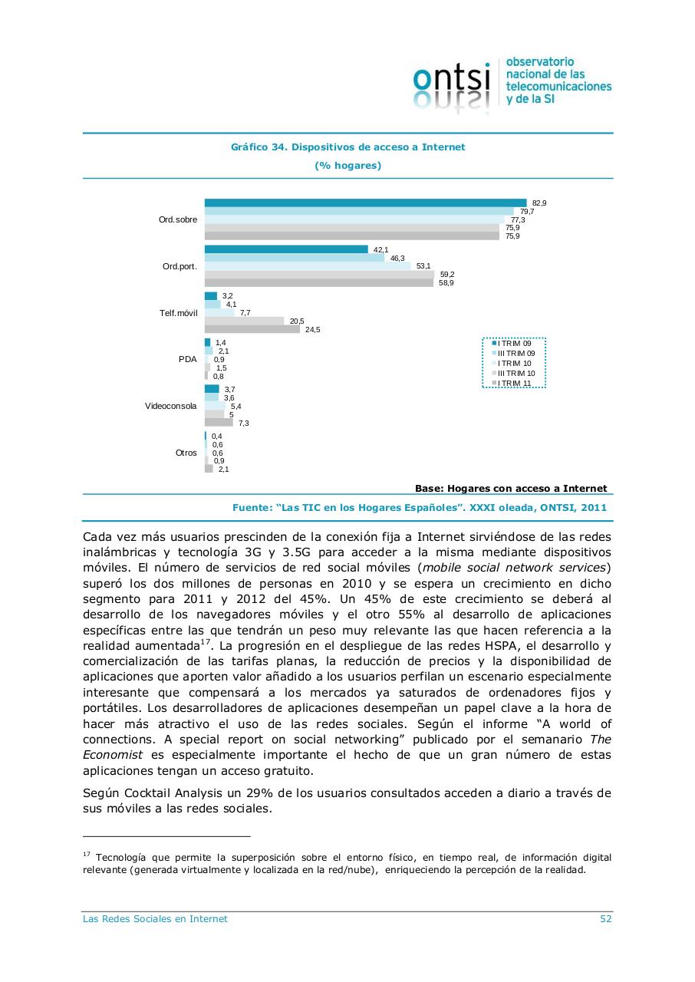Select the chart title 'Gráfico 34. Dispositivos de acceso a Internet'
click(347, 147)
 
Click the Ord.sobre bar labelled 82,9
click(365, 203)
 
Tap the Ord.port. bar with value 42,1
click(286, 249)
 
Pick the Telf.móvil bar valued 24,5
click(252, 329)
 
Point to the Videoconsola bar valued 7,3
click(219, 423)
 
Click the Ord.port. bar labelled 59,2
click(319, 274)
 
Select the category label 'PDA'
click(187, 359)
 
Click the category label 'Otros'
click(186, 453)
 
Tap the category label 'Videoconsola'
click(170, 406)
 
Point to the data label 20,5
click(297, 321)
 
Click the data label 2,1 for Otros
click(223, 470)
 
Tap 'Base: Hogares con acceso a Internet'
click(510, 488)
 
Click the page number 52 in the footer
click(605, 919)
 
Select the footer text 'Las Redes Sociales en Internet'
click(155, 919)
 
